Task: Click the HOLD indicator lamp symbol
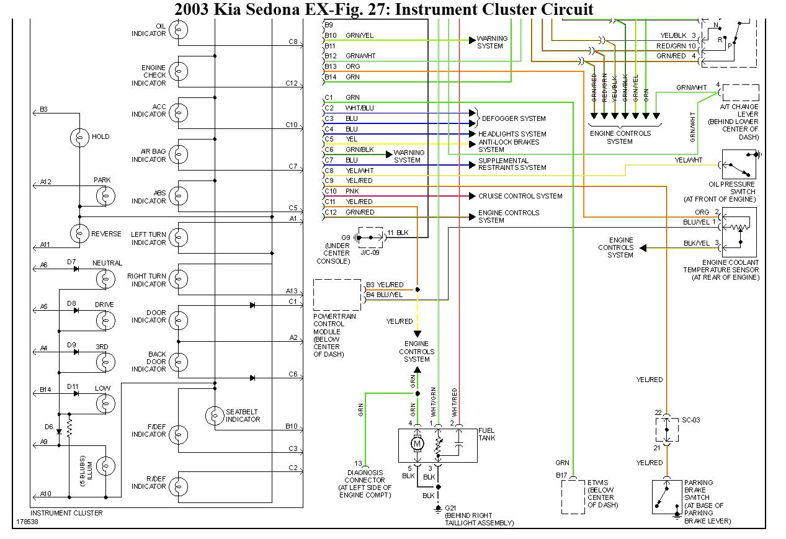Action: [80, 138]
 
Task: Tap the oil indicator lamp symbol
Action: [179, 29]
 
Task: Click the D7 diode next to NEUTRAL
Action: [76, 269]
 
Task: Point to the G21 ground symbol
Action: [437, 509]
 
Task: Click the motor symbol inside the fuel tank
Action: [418, 444]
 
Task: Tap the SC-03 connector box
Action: [667, 429]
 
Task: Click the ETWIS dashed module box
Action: [573, 497]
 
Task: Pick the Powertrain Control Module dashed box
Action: [337, 295]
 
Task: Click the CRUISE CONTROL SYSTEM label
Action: [520, 196]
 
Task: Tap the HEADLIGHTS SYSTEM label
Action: [512, 134]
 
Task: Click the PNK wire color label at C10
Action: [352, 192]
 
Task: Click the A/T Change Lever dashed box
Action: [739, 93]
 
